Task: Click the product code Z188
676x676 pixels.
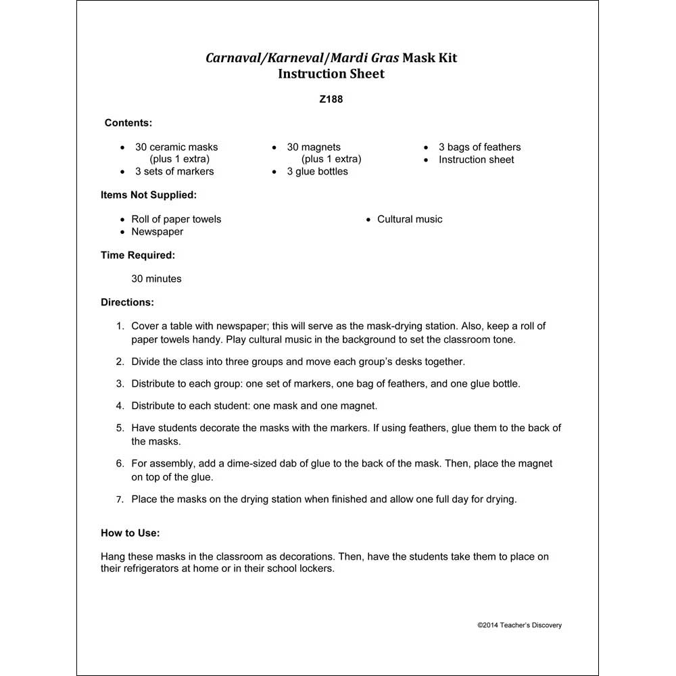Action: click(x=331, y=99)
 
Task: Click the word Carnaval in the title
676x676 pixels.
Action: click(x=233, y=58)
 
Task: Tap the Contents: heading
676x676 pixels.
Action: click(x=128, y=123)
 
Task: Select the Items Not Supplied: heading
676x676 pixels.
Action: click(x=149, y=195)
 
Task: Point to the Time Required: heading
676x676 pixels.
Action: click(x=138, y=256)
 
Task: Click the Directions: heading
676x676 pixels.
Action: click(x=127, y=302)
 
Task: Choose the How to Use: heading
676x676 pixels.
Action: click(x=130, y=533)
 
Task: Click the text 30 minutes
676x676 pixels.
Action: click(x=156, y=279)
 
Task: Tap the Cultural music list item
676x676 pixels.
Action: click(x=410, y=220)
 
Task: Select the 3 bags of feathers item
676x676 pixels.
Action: click(x=479, y=147)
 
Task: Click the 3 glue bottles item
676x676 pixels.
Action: click(x=317, y=172)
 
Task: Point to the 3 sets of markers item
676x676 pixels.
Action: click(x=174, y=172)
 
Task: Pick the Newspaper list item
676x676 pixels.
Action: click(x=157, y=232)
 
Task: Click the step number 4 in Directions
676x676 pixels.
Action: click(x=120, y=406)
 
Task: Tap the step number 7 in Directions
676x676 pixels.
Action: click(x=120, y=500)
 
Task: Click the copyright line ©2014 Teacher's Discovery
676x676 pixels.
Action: click(x=519, y=625)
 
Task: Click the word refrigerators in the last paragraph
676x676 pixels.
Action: click(x=154, y=569)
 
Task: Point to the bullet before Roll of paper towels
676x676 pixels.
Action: click(x=122, y=220)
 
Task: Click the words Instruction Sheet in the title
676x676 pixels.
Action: click(x=331, y=74)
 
